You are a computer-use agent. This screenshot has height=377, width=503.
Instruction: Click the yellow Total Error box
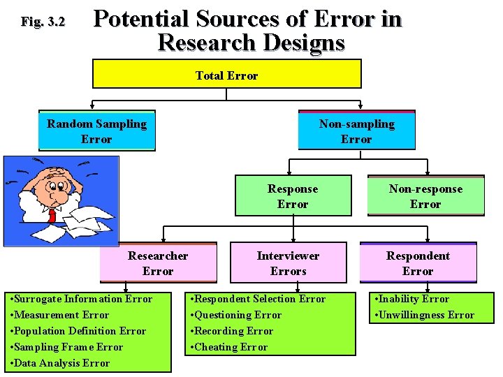coord(226,74)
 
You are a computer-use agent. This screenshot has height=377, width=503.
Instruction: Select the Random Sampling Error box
coord(96,131)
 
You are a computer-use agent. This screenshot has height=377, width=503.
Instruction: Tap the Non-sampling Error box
coord(356,131)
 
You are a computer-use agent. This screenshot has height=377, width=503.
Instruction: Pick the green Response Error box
coord(292,196)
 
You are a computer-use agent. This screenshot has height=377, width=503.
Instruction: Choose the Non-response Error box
coord(425,196)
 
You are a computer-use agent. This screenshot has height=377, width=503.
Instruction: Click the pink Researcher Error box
coord(158,263)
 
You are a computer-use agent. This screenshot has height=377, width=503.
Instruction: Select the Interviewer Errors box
coord(288,263)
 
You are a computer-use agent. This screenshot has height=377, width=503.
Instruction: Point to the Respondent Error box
coord(418,263)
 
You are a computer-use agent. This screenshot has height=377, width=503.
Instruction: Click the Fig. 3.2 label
coord(43,22)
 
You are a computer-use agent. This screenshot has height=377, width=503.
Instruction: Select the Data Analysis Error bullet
coord(59,363)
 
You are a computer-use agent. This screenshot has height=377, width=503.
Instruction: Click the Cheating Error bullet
coord(231,347)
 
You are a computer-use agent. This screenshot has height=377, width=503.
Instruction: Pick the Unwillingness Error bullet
coord(425,315)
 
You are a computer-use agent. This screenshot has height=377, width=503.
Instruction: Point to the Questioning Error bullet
coord(237,315)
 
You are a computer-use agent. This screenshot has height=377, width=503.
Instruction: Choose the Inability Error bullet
coord(413,299)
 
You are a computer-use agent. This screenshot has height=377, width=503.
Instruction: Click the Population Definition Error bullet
coord(78,331)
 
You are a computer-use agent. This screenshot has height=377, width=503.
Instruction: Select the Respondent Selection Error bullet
coord(258,299)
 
